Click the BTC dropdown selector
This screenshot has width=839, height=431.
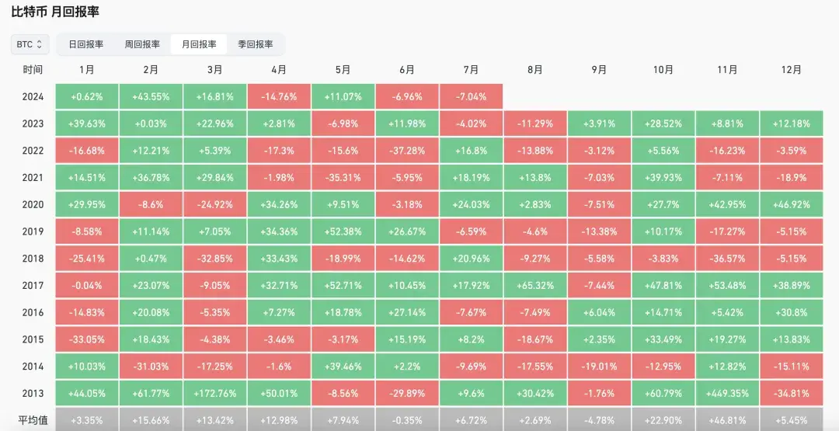(x=30, y=44)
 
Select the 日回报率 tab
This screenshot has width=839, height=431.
(x=85, y=44)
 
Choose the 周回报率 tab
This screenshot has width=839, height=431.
(x=142, y=44)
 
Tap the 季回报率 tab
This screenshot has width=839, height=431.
(x=255, y=44)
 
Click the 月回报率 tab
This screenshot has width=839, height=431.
(x=199, y=44)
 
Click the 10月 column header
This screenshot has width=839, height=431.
(x=663, y=70)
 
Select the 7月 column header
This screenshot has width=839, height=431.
(x=471, y=70)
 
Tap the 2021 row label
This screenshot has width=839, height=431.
(x=33, y=178)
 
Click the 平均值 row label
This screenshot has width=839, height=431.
(x=33, y=420)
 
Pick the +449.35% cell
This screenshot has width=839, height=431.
(x=727, y=393)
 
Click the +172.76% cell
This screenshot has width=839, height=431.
(x=214, y=393)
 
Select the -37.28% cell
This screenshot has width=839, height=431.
(x=406, y=151)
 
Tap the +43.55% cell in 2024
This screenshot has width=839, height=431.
(x=151, y=97)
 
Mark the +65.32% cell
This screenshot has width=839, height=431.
(x=534, y=285)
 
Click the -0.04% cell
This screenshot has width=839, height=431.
(x=86, y=285)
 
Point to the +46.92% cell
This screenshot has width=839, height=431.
(x=791, y=205)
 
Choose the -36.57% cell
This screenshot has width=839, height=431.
(x=727, y=259)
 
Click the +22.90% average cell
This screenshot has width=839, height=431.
(x=663, y=420)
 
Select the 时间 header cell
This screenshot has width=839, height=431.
(x=33, y=70)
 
